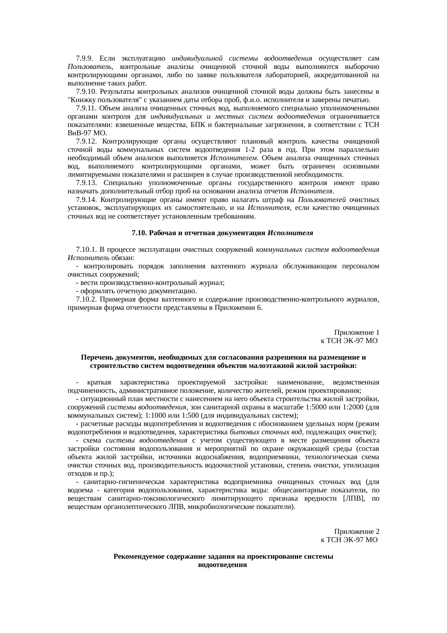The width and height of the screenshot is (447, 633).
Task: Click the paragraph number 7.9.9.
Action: [85, 58]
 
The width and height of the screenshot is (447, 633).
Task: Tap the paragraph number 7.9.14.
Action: [87, 200]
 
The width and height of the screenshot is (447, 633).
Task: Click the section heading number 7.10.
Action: [139, 233]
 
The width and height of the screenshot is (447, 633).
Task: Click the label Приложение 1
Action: [356, 332]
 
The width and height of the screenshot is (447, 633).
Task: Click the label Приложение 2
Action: [356, 532]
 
